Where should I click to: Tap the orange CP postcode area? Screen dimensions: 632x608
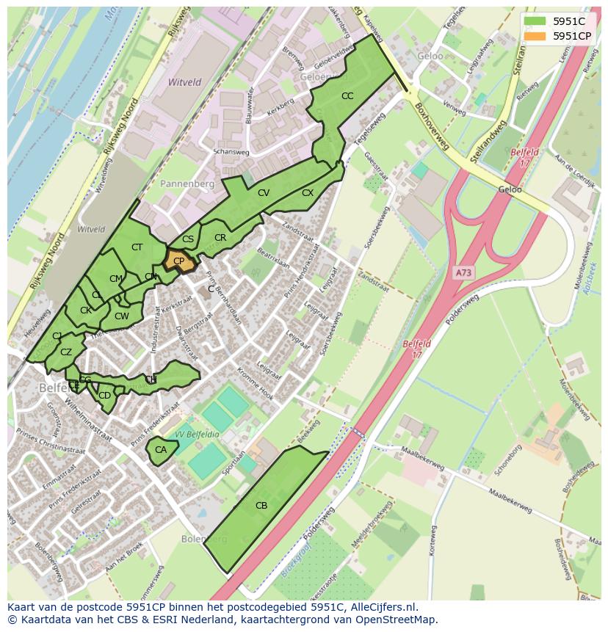(179, 261)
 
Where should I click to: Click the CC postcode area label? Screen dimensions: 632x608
(347, 96)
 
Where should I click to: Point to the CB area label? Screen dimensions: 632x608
(261, 505)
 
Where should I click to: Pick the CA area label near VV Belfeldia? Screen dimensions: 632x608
(161, 449)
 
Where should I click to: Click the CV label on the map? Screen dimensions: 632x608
(264, 193)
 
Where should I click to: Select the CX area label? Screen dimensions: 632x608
(308, 193)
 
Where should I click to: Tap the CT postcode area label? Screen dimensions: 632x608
(137, 247)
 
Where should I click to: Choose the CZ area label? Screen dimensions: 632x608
(66, 352)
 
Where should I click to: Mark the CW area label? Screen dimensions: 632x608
(122, 316)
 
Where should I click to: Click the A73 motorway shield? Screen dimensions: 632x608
(463, 272)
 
